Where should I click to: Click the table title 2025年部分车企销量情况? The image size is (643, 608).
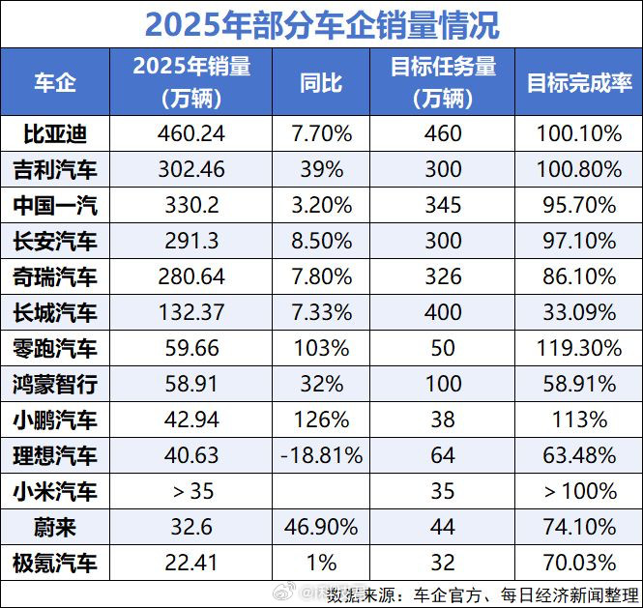321,24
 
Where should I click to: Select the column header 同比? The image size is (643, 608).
320,83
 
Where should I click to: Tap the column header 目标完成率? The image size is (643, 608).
579,83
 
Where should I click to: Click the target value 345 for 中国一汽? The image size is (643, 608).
443,205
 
